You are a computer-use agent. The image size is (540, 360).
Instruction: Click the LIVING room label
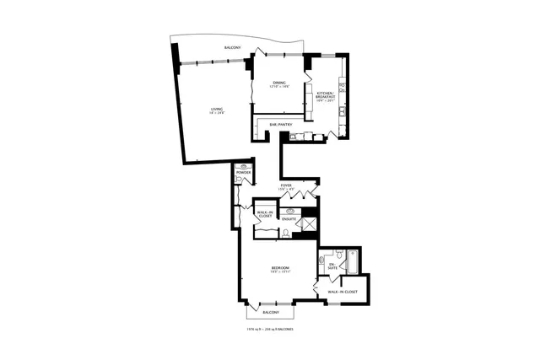coord(217,109)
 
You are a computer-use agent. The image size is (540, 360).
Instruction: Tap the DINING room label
coord(278,82)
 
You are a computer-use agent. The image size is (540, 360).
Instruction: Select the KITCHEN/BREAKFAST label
coord(327,96)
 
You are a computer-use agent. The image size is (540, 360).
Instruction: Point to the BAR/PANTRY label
coord(280,125)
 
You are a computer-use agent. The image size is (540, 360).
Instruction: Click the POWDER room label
coord(243,173)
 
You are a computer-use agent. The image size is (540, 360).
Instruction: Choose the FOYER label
coord(286,185)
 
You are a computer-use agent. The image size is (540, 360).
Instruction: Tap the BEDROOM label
coord(273,268)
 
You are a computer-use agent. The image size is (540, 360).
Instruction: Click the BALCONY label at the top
coord(233,47)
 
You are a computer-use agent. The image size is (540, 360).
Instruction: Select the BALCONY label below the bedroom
coord(271,312)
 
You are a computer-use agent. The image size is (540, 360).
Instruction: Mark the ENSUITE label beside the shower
coord(289,219)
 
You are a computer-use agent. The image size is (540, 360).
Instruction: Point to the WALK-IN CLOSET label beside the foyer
coord(265,214)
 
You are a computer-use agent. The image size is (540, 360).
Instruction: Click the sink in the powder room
coord(244,167)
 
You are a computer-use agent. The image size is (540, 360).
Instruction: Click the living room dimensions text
coord(217,114)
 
